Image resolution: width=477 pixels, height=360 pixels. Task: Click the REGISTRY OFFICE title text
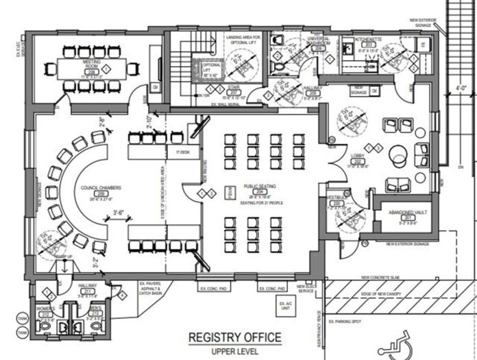[235, 337]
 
